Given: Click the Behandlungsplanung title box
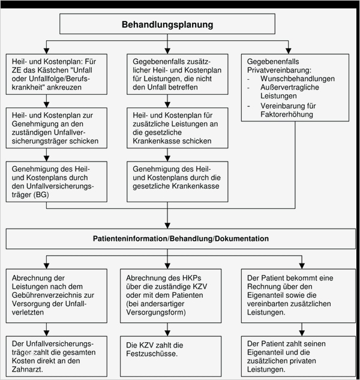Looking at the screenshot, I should [x=167, y=25].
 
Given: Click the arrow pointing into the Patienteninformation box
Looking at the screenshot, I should [x=167, y=224].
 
